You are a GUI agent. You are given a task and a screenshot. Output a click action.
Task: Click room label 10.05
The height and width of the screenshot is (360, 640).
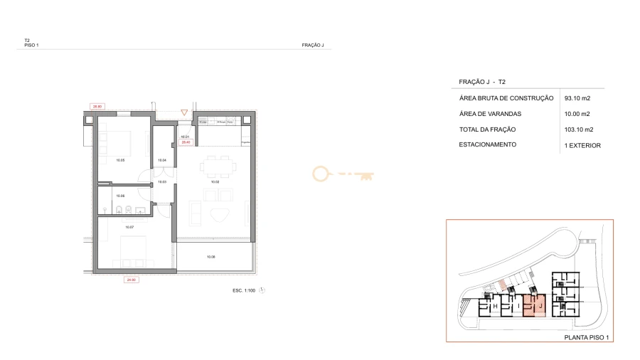[x=120, y=160]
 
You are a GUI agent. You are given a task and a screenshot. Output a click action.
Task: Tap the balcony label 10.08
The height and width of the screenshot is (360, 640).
[x=210, y=256]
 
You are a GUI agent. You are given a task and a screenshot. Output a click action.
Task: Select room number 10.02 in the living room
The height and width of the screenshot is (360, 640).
[x=215, y=182]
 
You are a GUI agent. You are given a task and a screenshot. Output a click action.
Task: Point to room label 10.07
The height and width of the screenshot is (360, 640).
[x=129, y=227]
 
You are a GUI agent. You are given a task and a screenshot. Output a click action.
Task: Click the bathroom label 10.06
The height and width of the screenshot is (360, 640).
[x=120, y=196]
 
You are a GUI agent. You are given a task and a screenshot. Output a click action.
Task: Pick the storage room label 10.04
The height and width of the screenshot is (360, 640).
[x=161, y=160]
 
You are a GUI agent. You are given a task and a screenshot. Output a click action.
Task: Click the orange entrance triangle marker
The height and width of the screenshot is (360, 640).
[x=184, y=112]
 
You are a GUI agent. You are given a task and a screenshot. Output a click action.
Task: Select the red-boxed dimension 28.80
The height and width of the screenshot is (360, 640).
[x=97, y=107]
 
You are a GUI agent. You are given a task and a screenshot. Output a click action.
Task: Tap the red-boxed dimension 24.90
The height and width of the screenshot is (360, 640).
[x=131, y=280]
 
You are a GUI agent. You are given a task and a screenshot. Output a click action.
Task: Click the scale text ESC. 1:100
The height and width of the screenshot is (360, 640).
[x=245, y=290]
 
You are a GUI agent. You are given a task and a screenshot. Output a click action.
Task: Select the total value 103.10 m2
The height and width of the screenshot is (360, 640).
[x=580, y=129]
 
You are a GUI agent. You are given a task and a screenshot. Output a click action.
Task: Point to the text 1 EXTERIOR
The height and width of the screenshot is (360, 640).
[x=582, y=145]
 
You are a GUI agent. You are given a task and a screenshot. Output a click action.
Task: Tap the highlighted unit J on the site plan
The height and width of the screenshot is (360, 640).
[x=540, y=306]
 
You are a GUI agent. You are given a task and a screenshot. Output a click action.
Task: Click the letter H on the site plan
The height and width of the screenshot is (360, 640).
[x=495, y=307]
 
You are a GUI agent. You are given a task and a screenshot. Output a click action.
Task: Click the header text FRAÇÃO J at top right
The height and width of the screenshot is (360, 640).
[x=313, y=46]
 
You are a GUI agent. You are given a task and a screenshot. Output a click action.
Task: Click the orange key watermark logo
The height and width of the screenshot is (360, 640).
[x=343, y=173]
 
